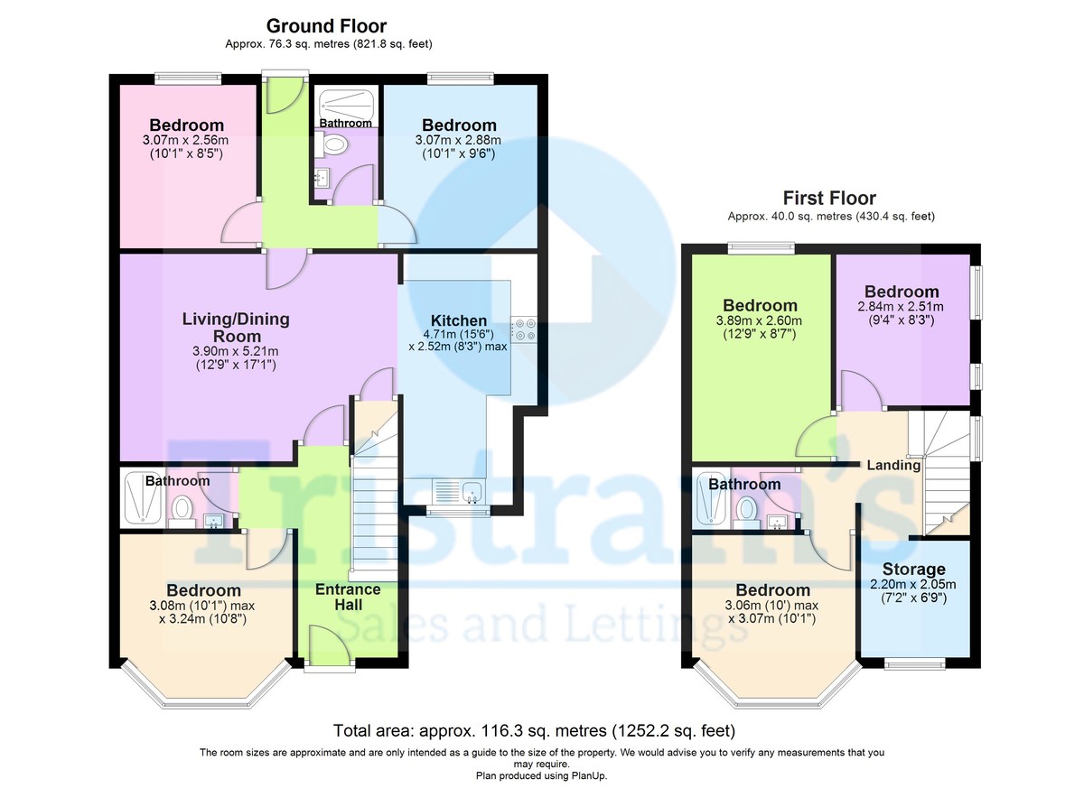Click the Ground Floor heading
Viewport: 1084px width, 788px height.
[327, 26]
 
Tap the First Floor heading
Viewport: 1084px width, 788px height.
[829, 199]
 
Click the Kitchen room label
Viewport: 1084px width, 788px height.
[459, 320]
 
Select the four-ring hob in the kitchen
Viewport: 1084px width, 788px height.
[525, 329]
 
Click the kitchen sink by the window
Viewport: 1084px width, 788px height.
[472, 492]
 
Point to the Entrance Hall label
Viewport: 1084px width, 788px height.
[348, 597]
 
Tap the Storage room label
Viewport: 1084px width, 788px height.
[913, 569]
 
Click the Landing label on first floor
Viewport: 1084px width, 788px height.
[893, 465]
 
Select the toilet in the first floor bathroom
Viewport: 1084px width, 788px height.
[746, 514]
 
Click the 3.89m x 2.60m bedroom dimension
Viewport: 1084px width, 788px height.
[759, 320]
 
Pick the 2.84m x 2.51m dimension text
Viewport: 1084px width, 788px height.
[901, 307]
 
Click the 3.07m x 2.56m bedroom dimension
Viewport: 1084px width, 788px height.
[185, 140]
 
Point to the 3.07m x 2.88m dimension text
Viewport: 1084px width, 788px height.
[458, 140]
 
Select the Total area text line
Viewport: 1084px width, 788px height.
[534, 730]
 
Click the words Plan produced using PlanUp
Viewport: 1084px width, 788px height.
[541, 776]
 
